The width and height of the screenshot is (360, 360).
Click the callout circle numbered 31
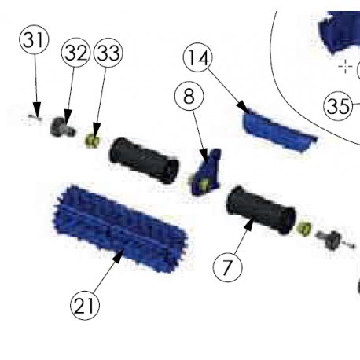[x=34, y=39]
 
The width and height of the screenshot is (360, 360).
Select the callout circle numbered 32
[x=75, y=53]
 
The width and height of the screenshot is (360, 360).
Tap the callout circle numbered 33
[x=108, y=53]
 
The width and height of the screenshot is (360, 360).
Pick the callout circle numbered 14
[x=198, y=57]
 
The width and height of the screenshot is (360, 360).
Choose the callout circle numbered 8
[x=189, y=96]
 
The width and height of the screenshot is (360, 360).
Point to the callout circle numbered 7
[x=227, y=267]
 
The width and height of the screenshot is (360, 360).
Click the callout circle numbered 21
[x=85, y=305]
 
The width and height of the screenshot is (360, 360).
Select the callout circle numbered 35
[x=338, y=106]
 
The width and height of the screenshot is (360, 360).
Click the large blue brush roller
[x=120, y=228]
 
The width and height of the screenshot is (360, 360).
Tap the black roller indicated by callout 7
[x=261, y=209]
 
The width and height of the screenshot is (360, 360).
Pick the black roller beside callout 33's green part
[x=144, y=160]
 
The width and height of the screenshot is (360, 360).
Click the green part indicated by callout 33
[x=93, y=141]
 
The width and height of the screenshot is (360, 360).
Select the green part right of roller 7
[x=304, y=229]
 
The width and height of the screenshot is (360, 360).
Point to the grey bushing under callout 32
[x=62, y=127]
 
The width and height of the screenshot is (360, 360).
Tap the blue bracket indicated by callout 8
[x=205, y=172]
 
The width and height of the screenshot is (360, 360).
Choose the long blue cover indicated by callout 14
[x=279, y=130]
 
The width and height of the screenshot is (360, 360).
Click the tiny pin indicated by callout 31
[x=35, y=118]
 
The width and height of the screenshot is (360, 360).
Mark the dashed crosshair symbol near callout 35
[x=345, y=66]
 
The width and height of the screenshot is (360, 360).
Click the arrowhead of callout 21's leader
[x=119, y=255]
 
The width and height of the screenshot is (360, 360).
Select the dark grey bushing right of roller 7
[x=331, y=239]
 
